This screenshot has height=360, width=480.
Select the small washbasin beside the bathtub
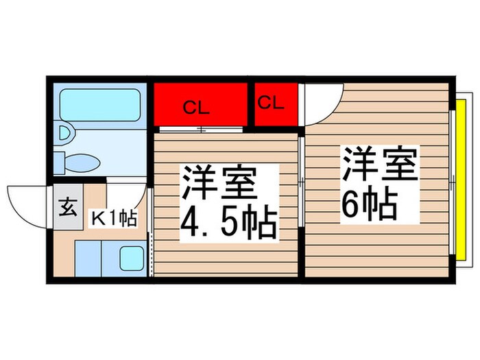(65, 132)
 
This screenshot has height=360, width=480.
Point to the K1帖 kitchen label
(115, 219)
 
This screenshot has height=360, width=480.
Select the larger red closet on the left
(200, 105)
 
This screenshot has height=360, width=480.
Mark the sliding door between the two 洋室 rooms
(302, 182)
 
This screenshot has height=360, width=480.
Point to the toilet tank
(60, 163)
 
